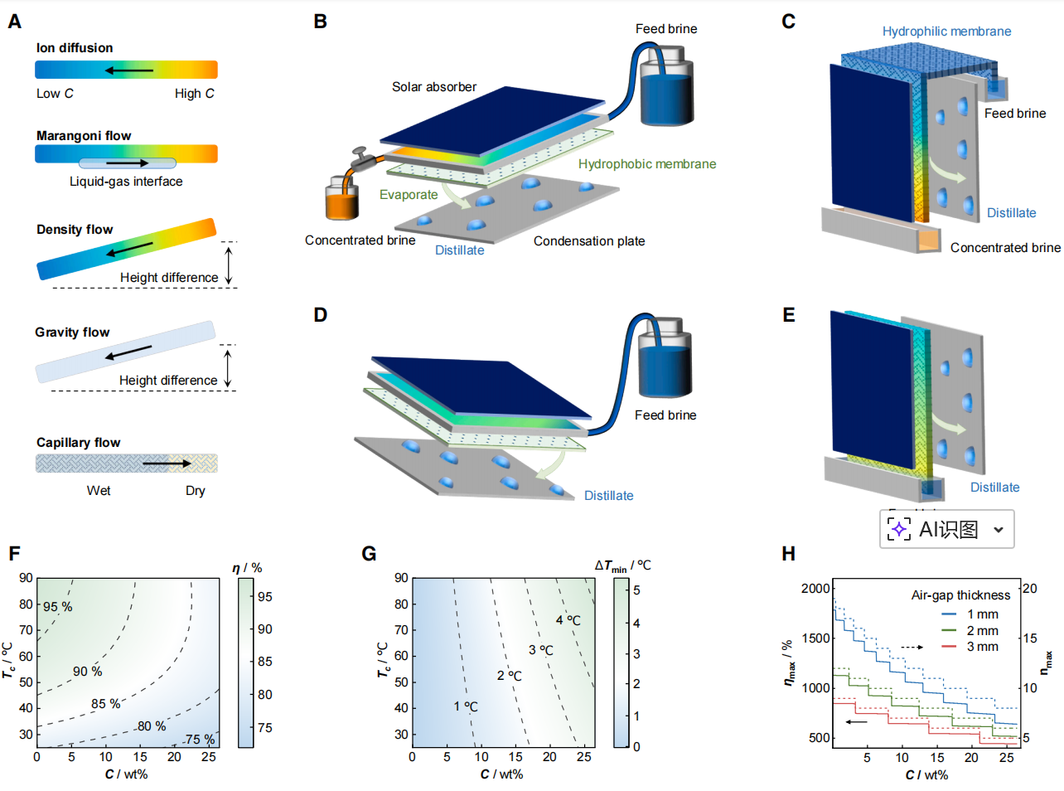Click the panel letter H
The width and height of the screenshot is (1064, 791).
(x=788, y=554)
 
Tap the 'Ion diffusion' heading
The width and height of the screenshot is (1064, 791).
(x=75, y=48)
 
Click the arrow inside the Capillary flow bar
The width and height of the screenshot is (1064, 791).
(x=167, y=463)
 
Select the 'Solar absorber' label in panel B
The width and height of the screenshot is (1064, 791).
(x=434, y=87)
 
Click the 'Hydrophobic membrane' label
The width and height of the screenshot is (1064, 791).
(x=647, y=164)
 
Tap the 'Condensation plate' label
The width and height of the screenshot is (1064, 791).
(x=589, y=241)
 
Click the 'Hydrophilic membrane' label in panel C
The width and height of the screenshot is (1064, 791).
(x=946, y=32)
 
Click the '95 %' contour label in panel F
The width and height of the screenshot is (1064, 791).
(x=58, y=607)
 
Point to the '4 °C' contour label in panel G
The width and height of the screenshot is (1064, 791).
(x=568, y=620)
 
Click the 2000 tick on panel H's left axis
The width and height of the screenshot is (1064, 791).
(x=815, y=589)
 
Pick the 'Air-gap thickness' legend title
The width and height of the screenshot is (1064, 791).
(x=960, y=595)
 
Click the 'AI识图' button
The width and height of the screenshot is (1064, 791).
(x=946, y=529)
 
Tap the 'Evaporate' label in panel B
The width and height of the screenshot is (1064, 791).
(x=409, y=195)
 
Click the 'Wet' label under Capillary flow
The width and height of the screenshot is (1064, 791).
(x=99, y=491)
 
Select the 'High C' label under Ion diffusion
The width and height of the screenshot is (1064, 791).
(x=195, y=94)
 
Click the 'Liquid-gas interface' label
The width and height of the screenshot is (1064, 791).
(x=126, y=182)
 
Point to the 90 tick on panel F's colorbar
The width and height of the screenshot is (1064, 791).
(x=265, y=629)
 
